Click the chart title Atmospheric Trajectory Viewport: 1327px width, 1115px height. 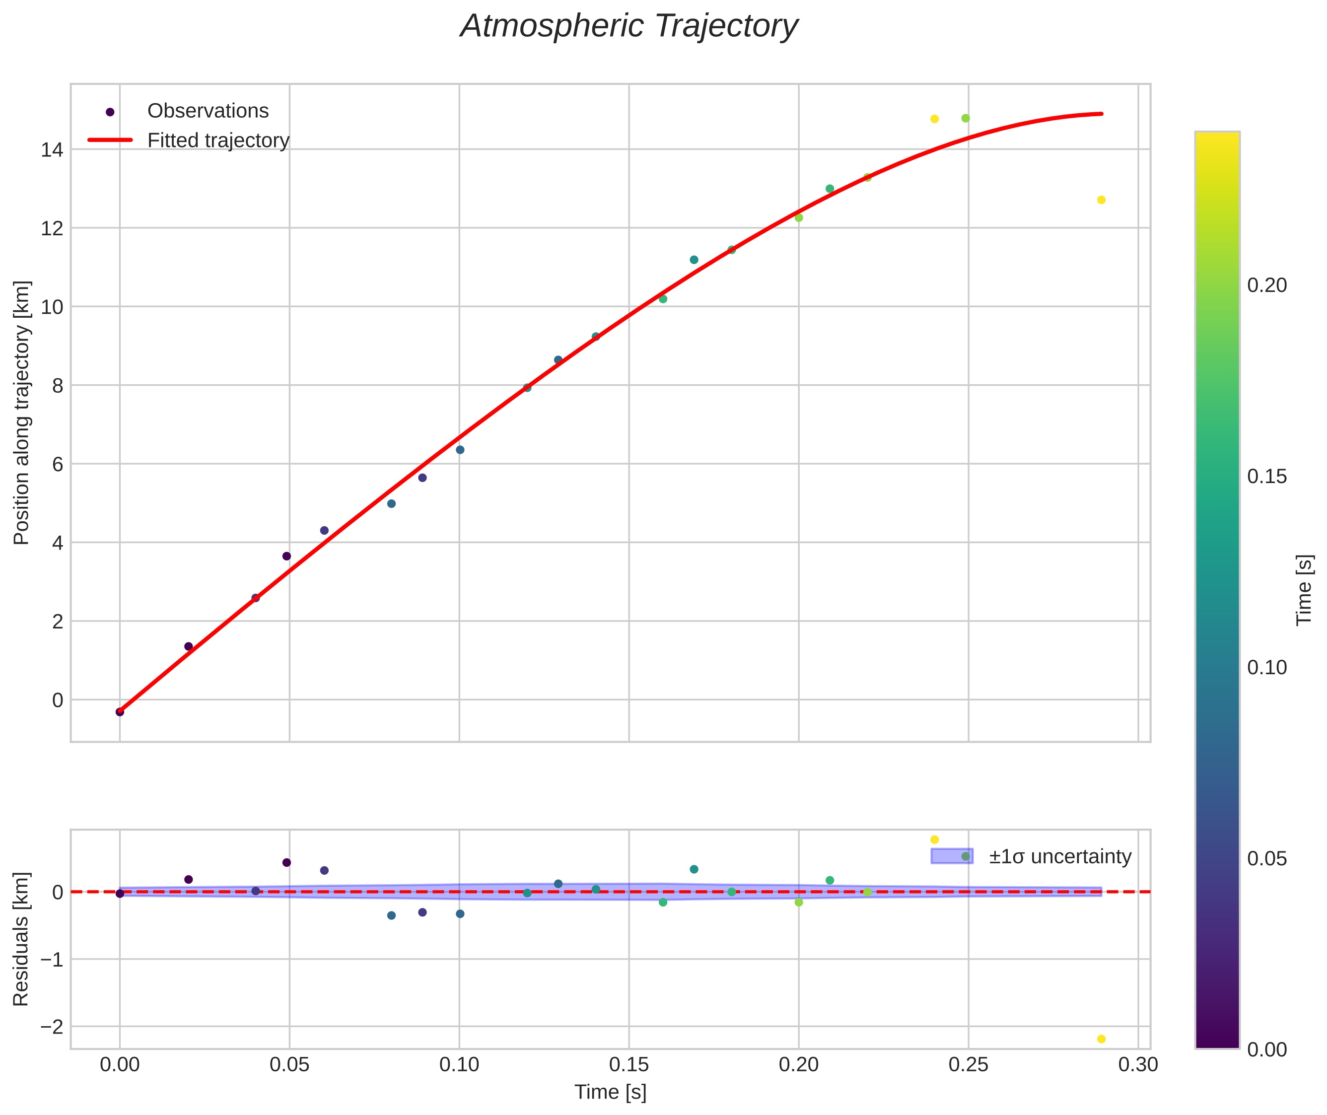(629, 26)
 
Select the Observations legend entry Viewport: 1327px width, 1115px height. (208, 111)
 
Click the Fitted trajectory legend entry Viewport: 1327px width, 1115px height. (218, 140)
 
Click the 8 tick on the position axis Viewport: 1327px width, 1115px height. (58, 386)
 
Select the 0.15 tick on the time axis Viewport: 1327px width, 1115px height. (629, 1064)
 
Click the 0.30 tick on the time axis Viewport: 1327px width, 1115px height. (1138, 1064)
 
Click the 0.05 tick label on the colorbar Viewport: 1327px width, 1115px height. (1267, 858)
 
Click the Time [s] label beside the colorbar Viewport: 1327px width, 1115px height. (1305, 590)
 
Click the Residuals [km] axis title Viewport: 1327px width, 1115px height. (21, 939)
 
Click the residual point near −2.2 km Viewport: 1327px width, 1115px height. (1101, 1039)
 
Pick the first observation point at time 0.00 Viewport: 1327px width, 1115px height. (120, 712)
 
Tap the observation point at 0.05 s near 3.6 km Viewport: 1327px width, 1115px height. (286, 556)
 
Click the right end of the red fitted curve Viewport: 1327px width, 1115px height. (1101, 114)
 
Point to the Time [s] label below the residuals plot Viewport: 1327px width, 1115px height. (610, 1092)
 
